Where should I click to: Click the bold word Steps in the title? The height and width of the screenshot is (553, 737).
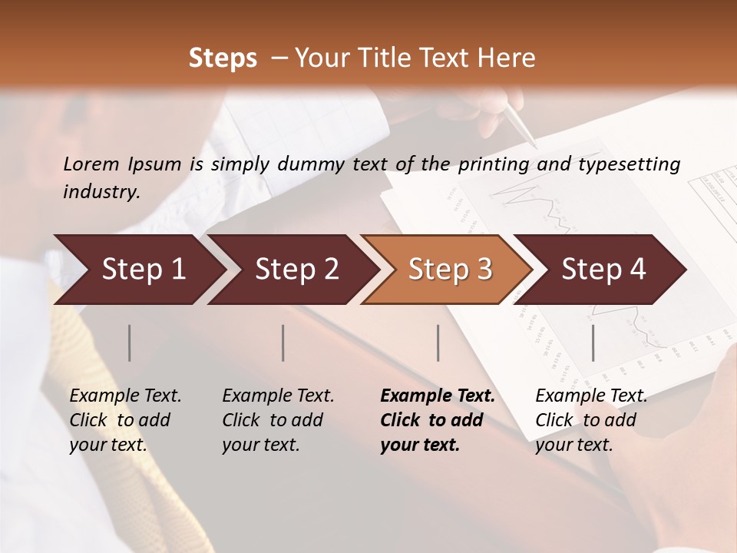pos(223,58)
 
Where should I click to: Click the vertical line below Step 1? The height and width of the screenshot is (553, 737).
pos(130,343)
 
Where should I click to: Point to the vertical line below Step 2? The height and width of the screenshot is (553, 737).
pos(283,343)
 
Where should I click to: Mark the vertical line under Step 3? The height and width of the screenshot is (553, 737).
pos(438,343)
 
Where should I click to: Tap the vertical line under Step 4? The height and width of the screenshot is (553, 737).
pos(593,343)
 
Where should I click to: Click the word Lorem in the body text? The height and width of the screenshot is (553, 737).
pos(91,164)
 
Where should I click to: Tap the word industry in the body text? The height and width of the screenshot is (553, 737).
pos(101,192)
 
